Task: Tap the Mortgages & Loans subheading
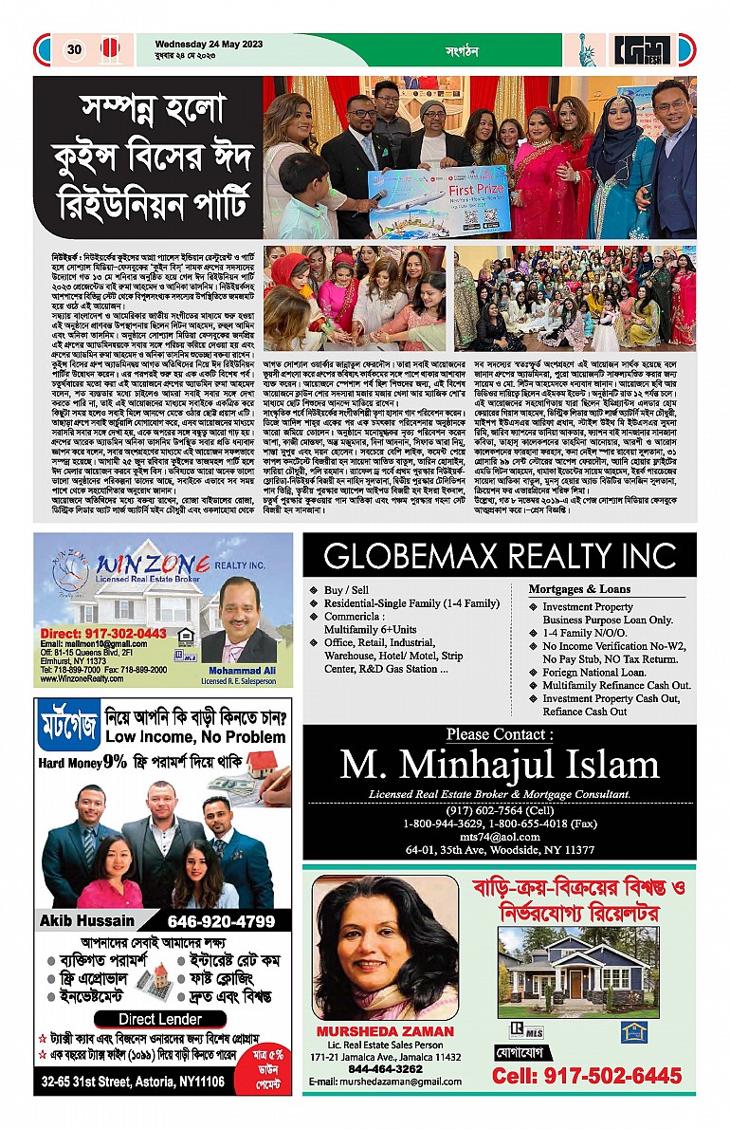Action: click(x=579, y=589)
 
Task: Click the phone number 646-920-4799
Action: click(x=221, y=921)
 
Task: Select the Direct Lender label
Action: click(x=163, y=1019)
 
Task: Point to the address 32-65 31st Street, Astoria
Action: click(x=133, y=1081)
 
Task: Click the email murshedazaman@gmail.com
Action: click(x=386, y=1082)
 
